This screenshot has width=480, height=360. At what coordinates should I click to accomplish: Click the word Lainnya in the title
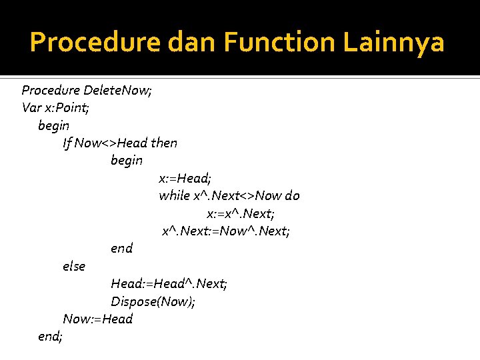[x=393, y=43]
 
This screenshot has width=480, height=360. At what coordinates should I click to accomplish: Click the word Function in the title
[x=281, y=43]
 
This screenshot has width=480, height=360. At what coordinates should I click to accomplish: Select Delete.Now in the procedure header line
[x=117, y=90]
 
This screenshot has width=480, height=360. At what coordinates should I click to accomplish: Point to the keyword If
[x=67, y=143]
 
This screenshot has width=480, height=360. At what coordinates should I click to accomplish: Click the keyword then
[x=164, y=143]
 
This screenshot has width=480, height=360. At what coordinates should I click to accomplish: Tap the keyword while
[x=174, y=195]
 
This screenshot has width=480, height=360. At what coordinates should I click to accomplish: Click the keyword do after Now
[x=292, y=195]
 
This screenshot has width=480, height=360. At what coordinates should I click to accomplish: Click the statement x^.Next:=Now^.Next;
[x=226, y=231]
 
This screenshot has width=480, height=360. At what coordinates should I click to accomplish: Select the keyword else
[x=74, y=266]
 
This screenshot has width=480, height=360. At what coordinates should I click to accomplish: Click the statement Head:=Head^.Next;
[x=169, y=284]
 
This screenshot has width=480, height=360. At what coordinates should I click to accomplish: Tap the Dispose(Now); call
[x=153, y=301]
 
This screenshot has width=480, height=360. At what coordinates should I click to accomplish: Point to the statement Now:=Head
[x=97, y=319]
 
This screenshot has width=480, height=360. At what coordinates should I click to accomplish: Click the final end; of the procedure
[x=51, y=337]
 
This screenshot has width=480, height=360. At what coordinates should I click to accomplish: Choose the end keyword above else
[x=121, y=248]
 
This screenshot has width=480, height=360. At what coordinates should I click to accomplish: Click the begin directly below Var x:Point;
[x=54, y=125]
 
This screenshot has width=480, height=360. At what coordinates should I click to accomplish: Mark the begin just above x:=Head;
[x=126, y=160]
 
